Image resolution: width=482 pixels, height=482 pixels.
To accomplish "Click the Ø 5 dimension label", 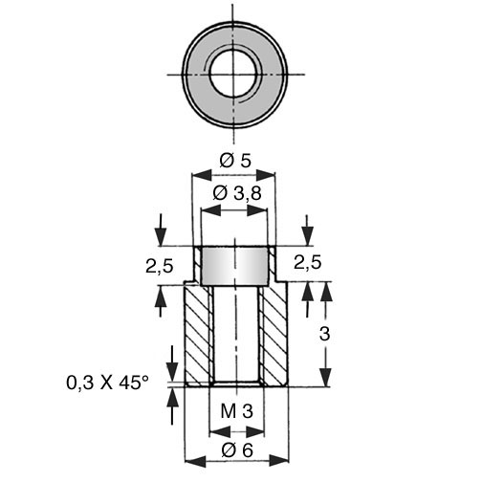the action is (x=235, y=162).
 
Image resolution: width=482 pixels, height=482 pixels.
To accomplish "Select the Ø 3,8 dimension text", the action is (x=237, y=193).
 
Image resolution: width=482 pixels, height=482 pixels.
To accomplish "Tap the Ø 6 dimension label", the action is (x=237, y=450).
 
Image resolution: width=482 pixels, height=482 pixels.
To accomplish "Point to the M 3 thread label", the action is (x=237, y=411).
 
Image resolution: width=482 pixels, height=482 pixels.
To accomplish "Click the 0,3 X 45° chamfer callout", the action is (x=107, y=383).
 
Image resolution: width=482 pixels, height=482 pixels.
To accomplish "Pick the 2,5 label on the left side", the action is (x=160, y=266).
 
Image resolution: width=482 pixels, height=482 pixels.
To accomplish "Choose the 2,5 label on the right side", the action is (x=308, y=262).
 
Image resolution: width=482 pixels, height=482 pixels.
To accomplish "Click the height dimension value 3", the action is (x=324, y=334).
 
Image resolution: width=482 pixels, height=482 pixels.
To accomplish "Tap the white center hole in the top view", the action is (x=234, y=73).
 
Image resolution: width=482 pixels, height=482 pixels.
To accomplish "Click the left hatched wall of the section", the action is (x=197, y=334).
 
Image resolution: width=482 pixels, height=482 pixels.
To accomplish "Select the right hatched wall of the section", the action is (x=274, y=334).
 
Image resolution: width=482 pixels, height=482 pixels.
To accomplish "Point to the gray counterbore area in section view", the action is (x=234, y=266).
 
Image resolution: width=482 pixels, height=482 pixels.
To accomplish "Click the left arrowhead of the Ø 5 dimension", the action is (x=201, y=175).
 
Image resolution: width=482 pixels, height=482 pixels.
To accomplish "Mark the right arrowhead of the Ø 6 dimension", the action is (x=279, y=460).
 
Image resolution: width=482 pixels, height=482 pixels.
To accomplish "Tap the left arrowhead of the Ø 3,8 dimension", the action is (x=210, y=209).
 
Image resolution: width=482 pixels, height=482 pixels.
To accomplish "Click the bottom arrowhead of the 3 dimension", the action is (x=326, y=377).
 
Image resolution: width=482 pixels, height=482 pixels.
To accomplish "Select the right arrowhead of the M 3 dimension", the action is (x=254, y=432).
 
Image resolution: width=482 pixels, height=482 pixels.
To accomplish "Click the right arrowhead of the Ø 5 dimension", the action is (x=265, y=175).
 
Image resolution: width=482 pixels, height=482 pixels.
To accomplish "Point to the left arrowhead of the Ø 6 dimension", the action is (x=195, y=460).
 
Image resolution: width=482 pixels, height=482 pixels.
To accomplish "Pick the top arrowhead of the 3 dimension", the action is (x=326, y=292).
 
